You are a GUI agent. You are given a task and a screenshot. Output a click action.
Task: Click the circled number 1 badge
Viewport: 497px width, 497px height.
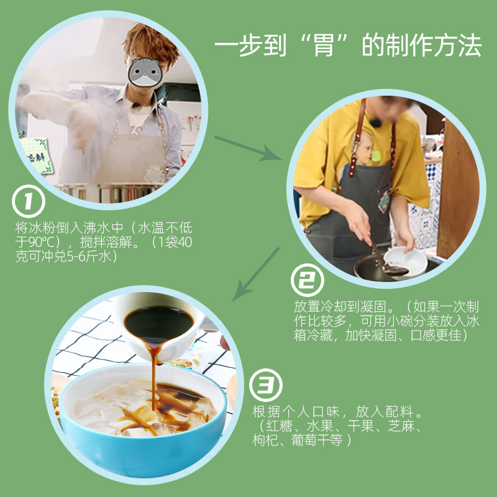pyautogui.click(x=28, y=201)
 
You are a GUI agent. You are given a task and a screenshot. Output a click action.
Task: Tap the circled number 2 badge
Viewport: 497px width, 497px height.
pyautogui.click(x=307, y=280)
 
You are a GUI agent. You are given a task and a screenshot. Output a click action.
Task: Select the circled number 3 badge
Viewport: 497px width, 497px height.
pyautogui.click(x=265, y=385)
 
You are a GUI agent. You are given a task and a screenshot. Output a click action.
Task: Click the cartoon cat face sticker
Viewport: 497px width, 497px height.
pyautogui.click(x=145, y=73)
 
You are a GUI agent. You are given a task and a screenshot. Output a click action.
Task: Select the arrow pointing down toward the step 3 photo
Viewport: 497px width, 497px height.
pyautogui.click(x=256, y=274)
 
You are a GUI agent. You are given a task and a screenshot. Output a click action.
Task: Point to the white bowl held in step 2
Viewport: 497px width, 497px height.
pyautogui.click(x=406, y=261)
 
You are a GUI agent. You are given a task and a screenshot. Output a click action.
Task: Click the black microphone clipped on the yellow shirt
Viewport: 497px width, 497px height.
pyautogui.click(x=376, y=122)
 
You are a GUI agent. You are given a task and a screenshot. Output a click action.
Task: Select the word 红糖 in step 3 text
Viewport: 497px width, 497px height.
pyautogui.click(x=279, y=426)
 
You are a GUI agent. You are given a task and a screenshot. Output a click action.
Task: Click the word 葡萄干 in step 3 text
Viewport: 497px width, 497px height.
pyautogui.click(x=317, y=440)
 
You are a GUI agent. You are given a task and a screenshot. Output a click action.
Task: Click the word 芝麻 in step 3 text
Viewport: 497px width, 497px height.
pyautogui.click(x=401, y=426)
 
